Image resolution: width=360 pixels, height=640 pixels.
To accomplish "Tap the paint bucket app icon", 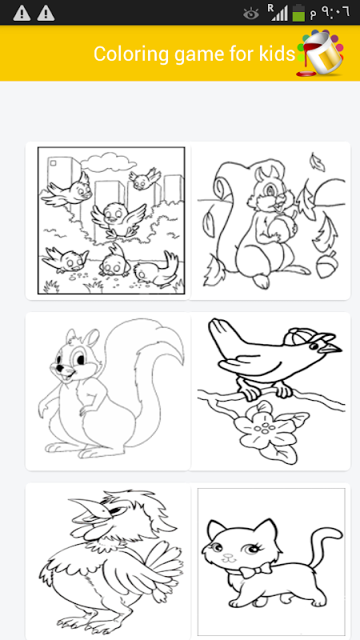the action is pos(321,53).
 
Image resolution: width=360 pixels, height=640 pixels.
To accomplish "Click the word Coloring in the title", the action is pos(130,54).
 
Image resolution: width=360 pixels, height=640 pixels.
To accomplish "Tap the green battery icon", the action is pos(298,13).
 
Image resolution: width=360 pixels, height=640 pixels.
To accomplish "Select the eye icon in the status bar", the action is pos(251,14).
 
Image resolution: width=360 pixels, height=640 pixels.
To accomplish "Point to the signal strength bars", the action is pos(278,13).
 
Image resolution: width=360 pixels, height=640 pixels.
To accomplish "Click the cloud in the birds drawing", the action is pos(108,162).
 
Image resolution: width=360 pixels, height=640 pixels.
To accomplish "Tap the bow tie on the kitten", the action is pos(255,570).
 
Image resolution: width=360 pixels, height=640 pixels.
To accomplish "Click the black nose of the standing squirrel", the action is pos(60,367).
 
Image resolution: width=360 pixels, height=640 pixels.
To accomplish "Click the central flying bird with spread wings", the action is pos(117,219).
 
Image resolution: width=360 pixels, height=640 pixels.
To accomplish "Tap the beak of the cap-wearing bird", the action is pos(331,348).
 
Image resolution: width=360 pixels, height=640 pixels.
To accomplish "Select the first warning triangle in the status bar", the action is pos(22,14).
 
